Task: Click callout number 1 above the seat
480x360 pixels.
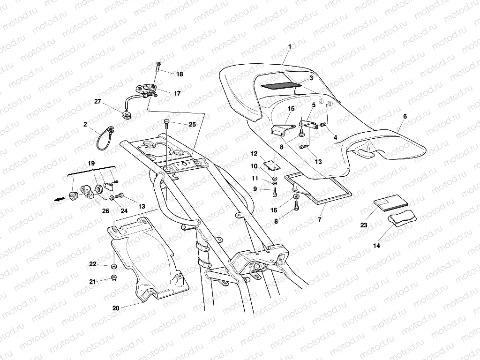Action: click(290, 46)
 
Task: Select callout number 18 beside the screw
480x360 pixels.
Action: click(180, 75)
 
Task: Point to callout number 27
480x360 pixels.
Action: click(97, 101)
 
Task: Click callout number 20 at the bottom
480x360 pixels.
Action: click(116, 308)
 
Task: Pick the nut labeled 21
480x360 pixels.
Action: click(113, 279)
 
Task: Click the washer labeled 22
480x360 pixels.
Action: click(114, 266)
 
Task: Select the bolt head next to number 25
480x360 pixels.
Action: click(166, 122)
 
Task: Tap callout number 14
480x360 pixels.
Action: click(377, 245)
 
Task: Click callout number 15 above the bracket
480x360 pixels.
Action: click(291, 109)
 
